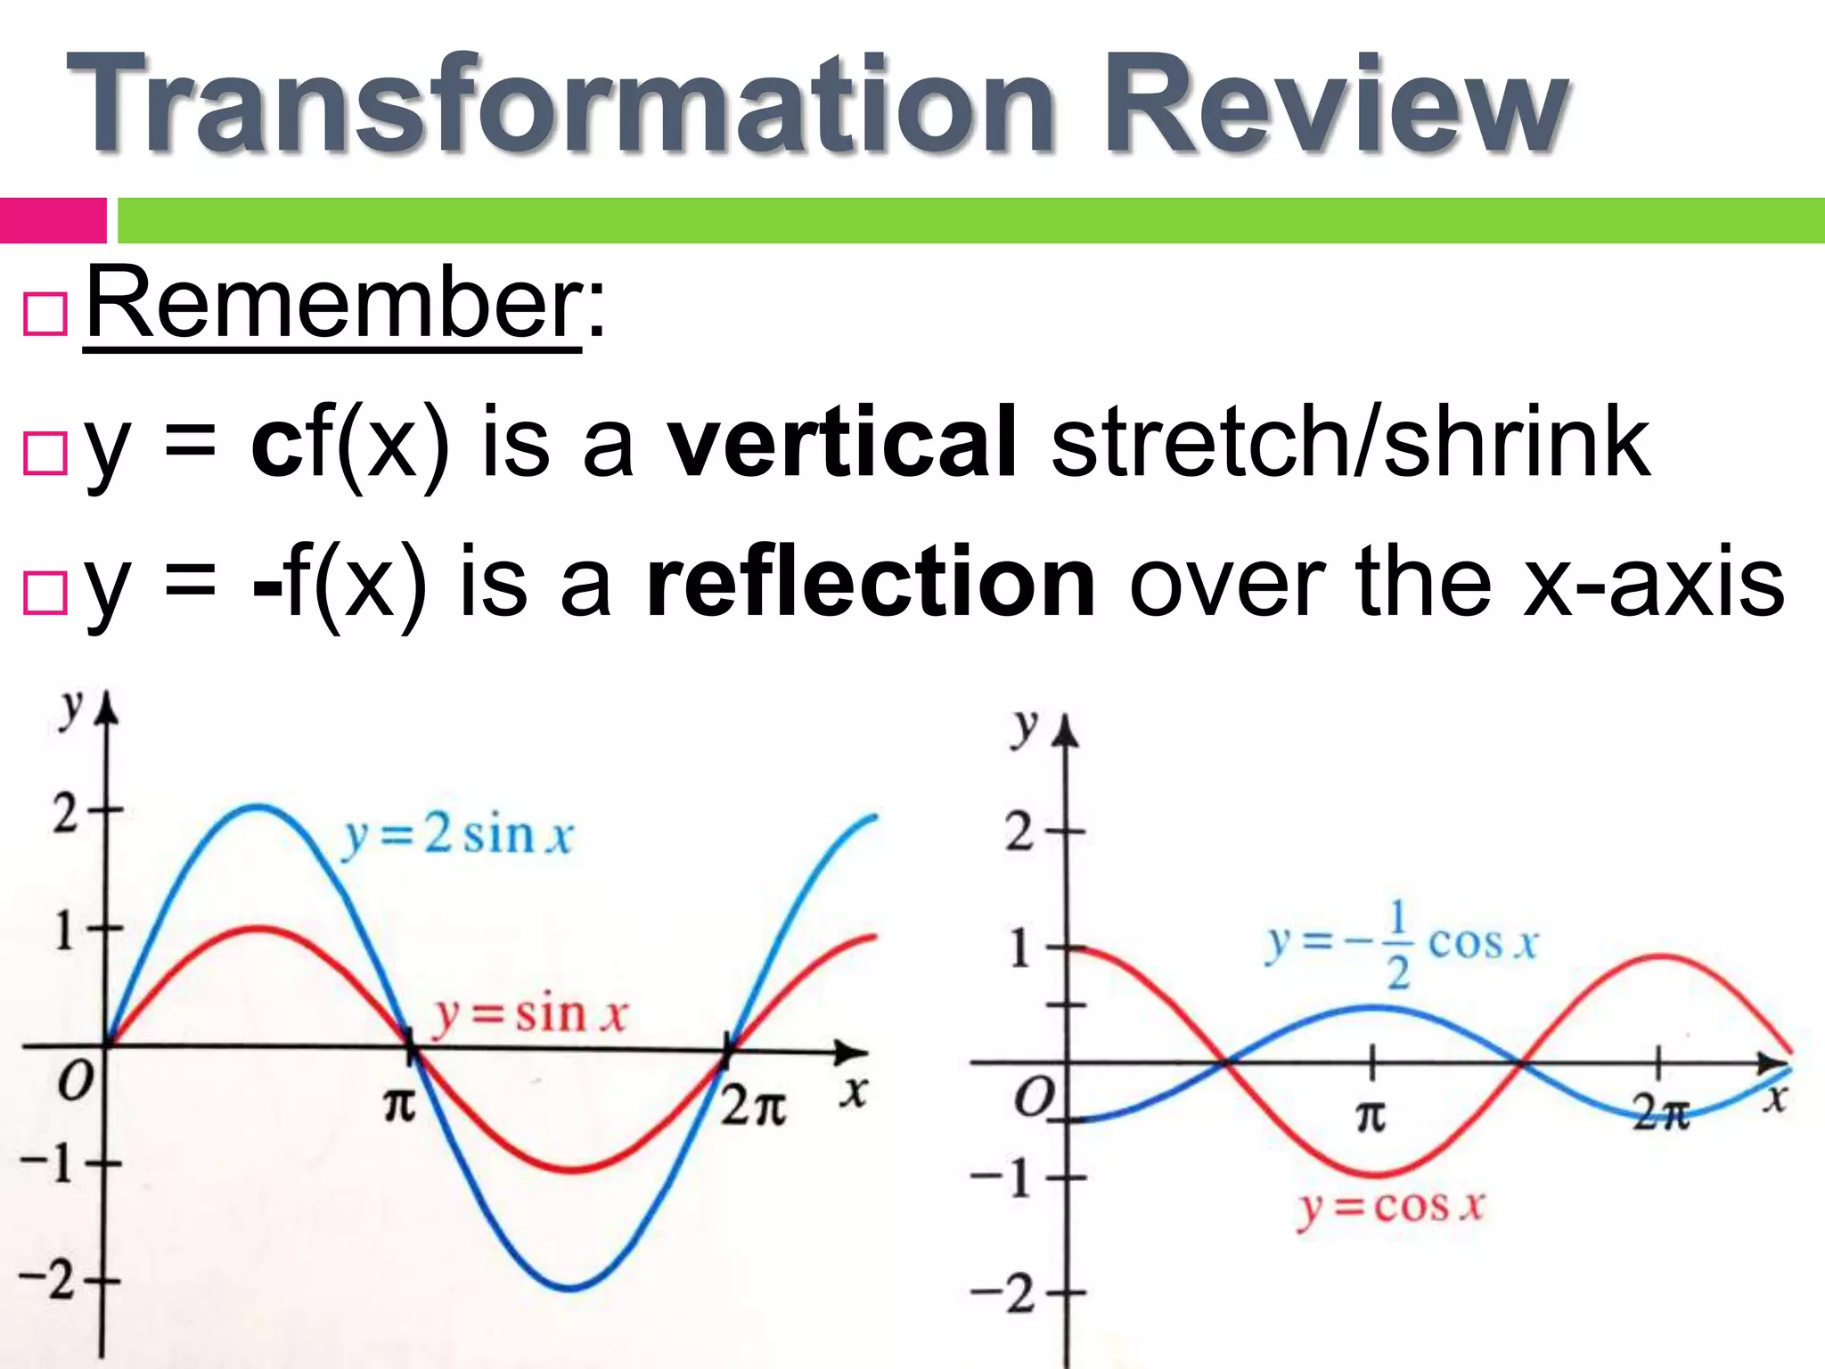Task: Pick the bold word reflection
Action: point(872,584)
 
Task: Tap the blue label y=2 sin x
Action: point(457,836)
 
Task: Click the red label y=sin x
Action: point(529,1014)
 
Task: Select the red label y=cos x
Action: point(1390,1207)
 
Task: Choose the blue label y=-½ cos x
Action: point(1402,945)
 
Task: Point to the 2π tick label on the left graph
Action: point(753,1108)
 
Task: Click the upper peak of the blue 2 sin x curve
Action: point(258,807)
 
